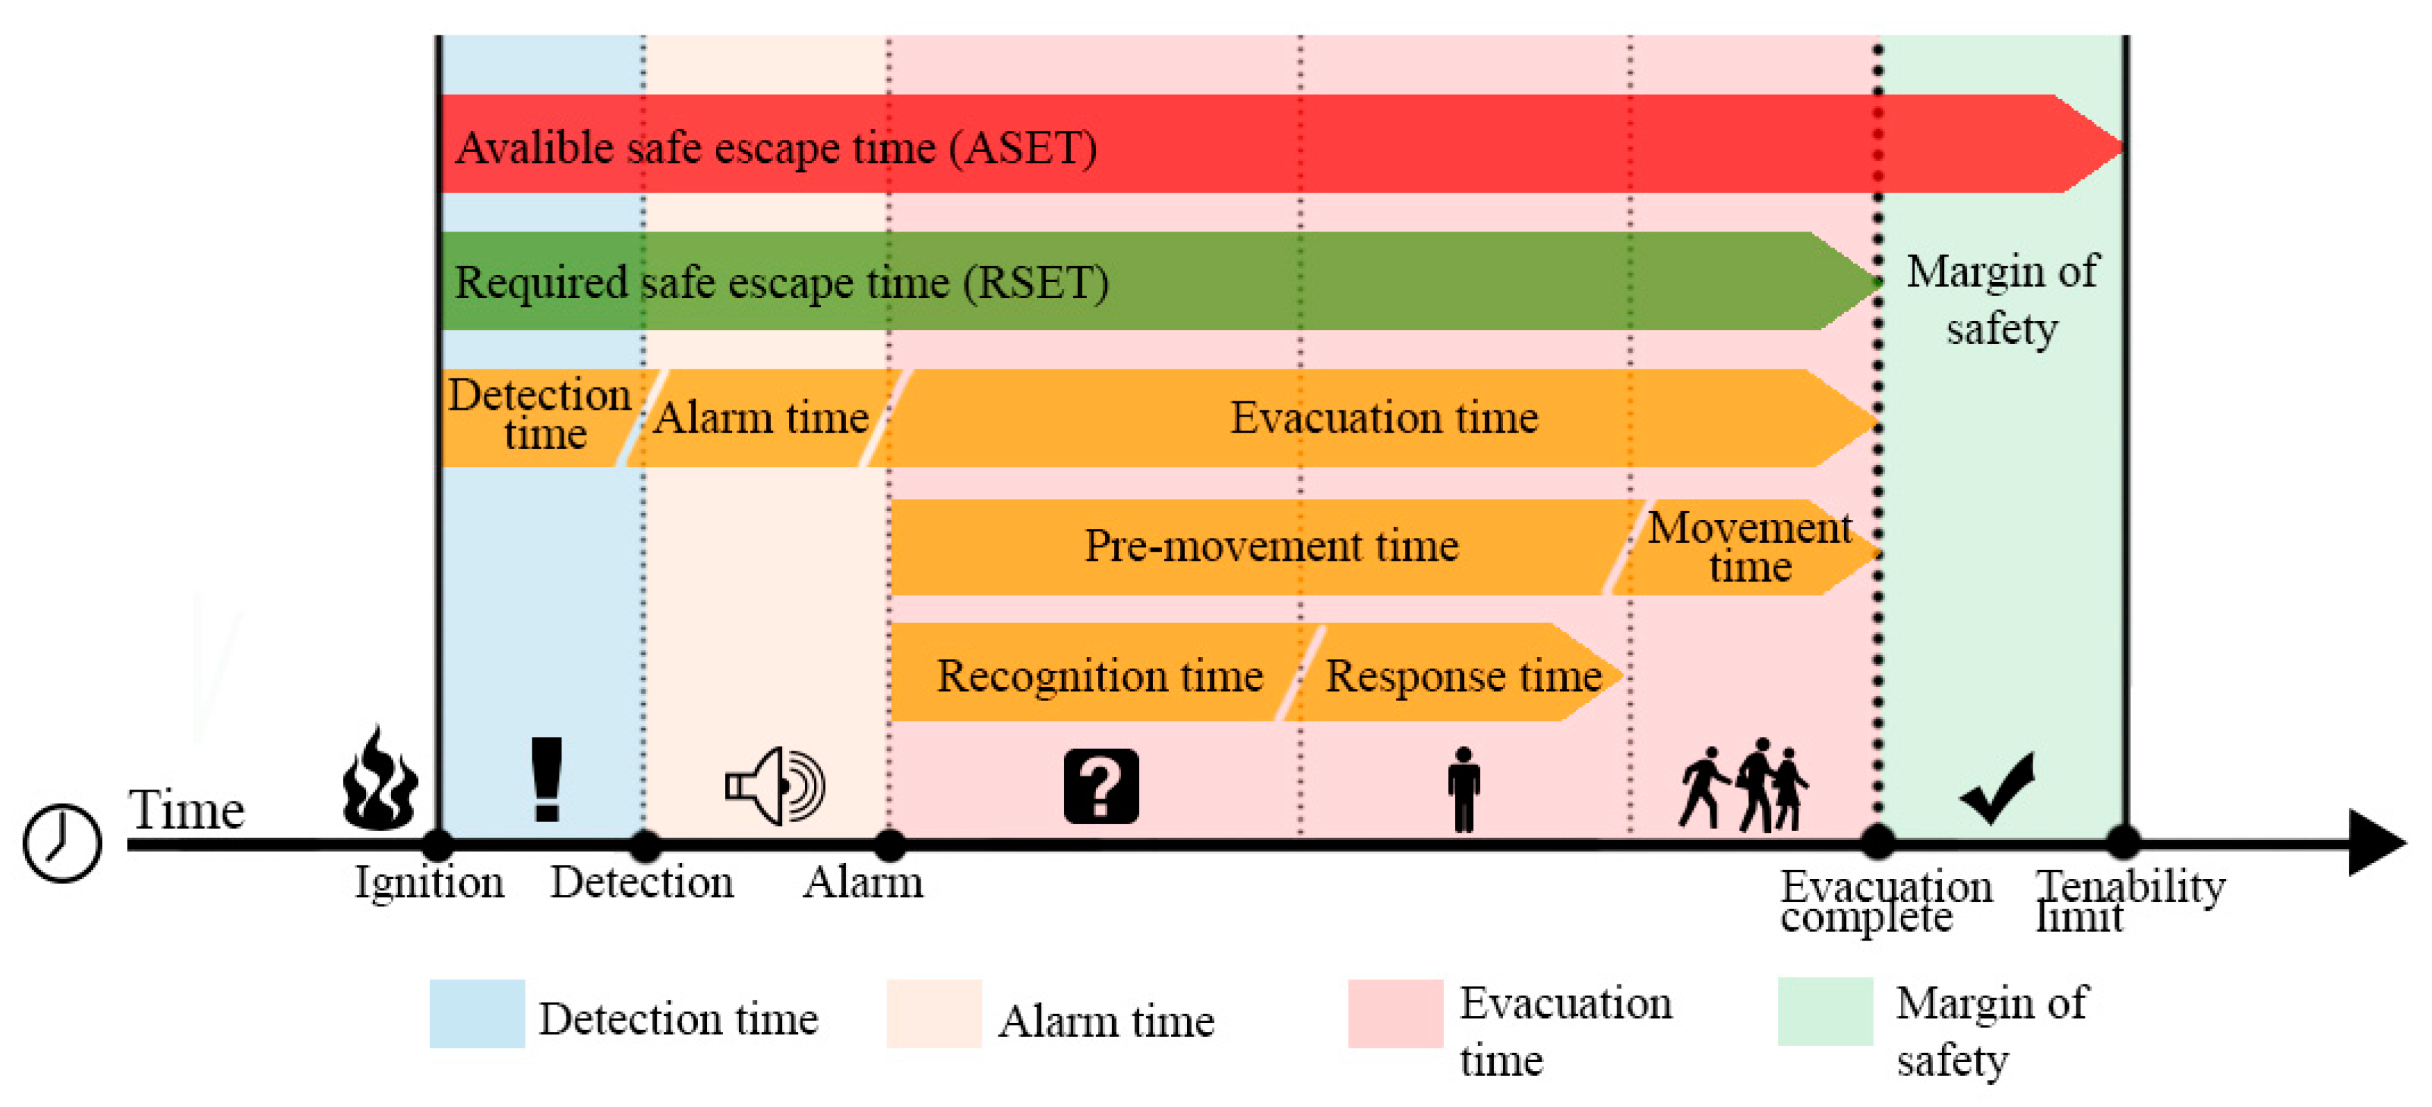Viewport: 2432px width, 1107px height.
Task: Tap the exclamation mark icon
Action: [546, 780]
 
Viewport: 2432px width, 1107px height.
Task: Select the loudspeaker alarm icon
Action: [775, 785]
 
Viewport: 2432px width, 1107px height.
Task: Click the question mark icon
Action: [1101, 787]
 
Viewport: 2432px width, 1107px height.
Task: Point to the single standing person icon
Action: [1463, 789]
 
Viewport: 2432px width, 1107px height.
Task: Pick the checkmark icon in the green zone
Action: [1997, 789]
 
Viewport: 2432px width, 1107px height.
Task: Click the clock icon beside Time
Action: [62, 843]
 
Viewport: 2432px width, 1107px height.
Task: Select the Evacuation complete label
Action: [1886, 901]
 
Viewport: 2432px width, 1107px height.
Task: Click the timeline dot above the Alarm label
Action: [889, 845]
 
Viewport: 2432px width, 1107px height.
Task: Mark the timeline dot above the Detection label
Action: [645, 845]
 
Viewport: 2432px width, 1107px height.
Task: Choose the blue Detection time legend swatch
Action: [477, 1013]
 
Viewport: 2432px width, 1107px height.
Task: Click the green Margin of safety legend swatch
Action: [1825, 1011]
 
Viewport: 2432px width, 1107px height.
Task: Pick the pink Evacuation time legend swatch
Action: [1396, 1013]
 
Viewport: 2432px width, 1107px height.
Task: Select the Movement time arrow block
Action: [1746, 548]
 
